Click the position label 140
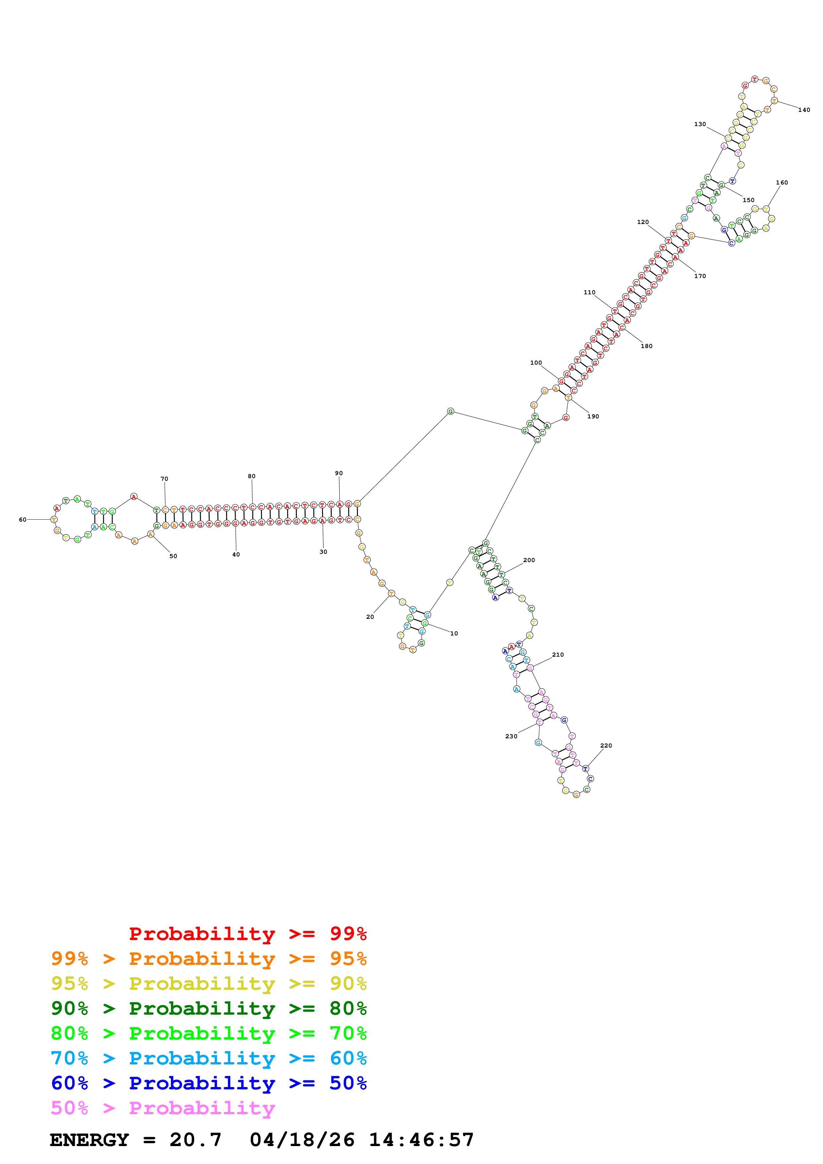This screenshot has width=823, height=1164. pyautogui.click(x=804, y=110)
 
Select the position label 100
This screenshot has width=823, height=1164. pyautogui.click(x=536, y=363)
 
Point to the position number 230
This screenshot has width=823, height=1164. pyautogui.click(x=511, y=737)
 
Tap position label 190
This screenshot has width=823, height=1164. pyautogui.click(x=593, y=417)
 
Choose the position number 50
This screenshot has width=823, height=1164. pyautogui.click(x=173, y=556)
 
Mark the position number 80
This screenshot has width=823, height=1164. pyautogui.click(x=252, y=476)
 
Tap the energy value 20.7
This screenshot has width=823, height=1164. pyautogui.click(x=196, y=1140)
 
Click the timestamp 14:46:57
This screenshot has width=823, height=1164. pyautogui.click(x=421, y=1140)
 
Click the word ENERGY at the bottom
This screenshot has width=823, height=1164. pyautogui.click(x=89, y=1140)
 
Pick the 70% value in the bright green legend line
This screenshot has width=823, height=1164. pyautogui.click(x=348, y=1033)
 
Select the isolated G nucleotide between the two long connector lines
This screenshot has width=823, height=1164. pyautogui.click(x=450, y=412)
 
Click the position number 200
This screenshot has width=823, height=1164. pyautogui.click(x=529, y=560)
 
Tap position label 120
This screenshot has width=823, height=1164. pyautogui.click(x=643, y=222)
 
